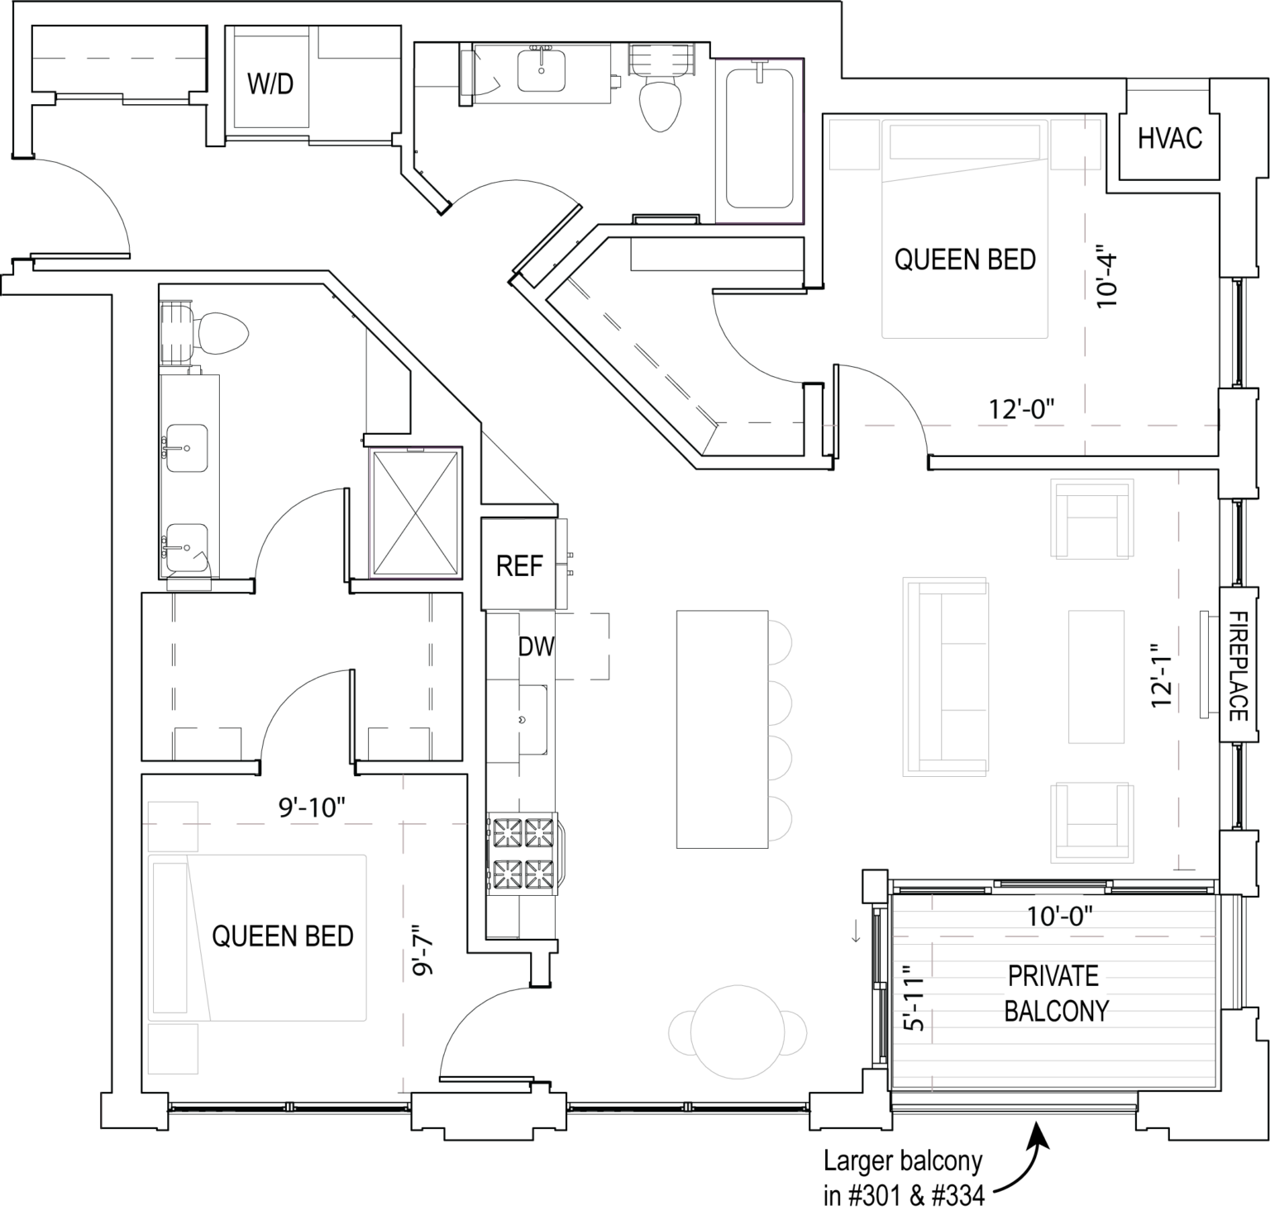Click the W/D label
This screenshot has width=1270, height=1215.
click(270, 83)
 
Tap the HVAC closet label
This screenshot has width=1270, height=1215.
click(1169, 138)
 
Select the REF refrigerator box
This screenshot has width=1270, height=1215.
click(519, 565)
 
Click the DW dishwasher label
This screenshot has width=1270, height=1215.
click(537, 646)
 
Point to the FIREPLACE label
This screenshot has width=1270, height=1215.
click(1238, 665)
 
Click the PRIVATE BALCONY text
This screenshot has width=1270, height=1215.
click(1055, 993)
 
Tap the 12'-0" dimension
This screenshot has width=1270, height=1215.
click(1021, 409)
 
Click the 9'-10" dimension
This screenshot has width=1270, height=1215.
click(311, 807)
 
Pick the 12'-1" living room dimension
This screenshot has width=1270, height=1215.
click(1162, 675)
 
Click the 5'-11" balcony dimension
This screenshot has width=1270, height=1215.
click(912, 998)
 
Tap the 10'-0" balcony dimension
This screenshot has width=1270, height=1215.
click(1059, 916)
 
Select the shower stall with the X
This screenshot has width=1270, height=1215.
click(415, 512)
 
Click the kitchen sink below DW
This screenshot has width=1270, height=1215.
click(532, 719)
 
